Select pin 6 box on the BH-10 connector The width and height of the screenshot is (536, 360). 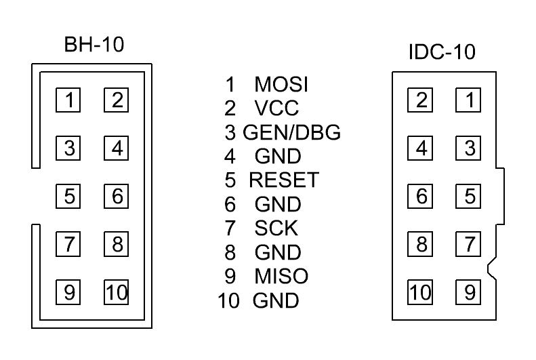click(x=117, y=197)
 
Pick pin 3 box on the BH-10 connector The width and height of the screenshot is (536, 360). click(x=68, y=148)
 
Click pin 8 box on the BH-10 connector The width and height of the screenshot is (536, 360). click(x=117, y=244)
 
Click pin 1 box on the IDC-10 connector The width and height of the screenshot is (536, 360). click(x=469, y=100)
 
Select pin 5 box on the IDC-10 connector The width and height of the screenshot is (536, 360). click(x=469, y=197)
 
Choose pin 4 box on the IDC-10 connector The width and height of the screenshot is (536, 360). click(x=421, y=148)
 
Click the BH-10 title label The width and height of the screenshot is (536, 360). click(x=95, y=45)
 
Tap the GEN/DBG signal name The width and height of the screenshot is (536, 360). click(x=291, y=133)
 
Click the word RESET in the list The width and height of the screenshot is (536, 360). click(x=284, y=181)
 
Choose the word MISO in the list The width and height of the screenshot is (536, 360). click(x=281, y=277)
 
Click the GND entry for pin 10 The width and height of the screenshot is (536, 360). click(x=276, y=300)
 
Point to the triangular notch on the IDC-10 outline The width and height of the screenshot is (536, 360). click(x=490, y=268)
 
